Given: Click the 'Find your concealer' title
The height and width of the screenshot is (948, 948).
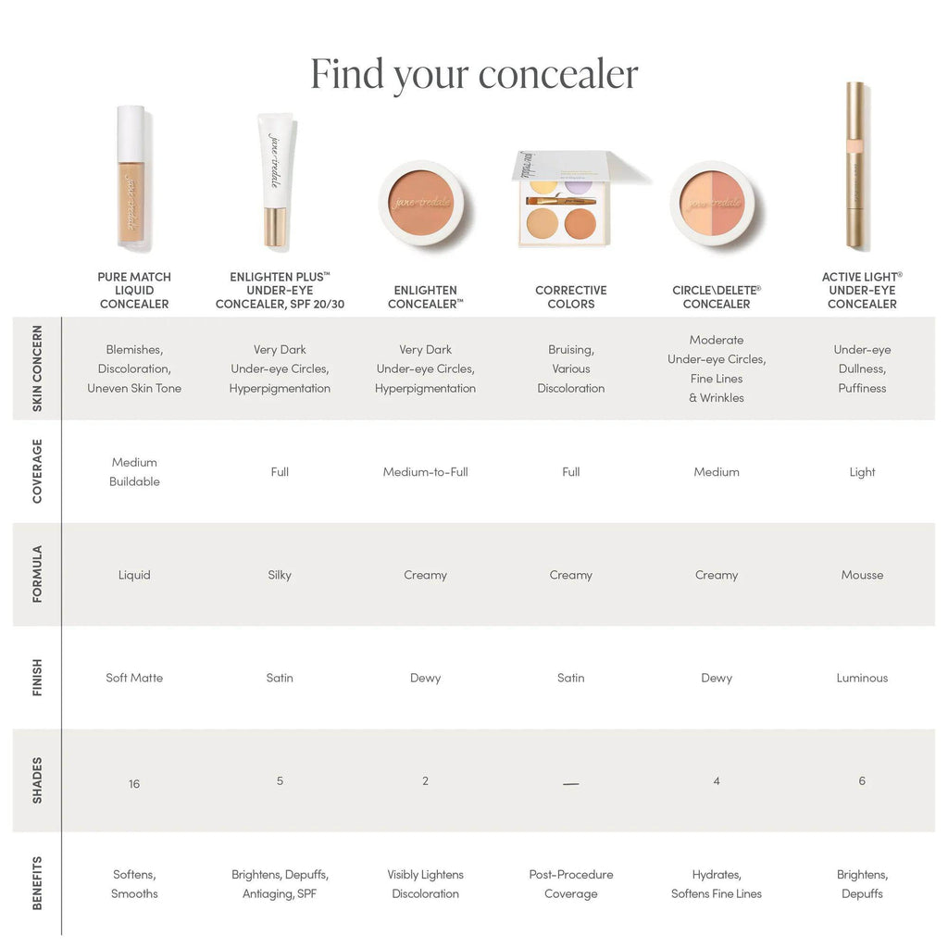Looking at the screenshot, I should tap(474, 74).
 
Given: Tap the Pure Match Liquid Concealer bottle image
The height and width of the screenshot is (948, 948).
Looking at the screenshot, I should tap(131, 179).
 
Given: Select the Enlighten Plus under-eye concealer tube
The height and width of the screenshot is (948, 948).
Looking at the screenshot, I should tap(275, 181).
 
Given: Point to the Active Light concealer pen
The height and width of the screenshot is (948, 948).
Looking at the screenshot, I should tap(857, 167).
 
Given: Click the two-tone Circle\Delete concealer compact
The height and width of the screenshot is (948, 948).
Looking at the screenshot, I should tap(712, 203).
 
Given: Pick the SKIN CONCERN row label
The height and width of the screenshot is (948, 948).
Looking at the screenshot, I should tap(37, 368).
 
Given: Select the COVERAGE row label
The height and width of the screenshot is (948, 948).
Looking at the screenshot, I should tap(37, 471).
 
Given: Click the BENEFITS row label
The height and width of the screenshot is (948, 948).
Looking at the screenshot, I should tap(37, 883).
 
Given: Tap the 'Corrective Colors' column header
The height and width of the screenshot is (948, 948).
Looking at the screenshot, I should tap(571, 297).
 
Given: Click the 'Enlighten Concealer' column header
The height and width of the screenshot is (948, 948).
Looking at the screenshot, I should tap(426, 297).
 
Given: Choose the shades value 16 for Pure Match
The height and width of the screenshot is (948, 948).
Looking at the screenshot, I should tap(134, 784).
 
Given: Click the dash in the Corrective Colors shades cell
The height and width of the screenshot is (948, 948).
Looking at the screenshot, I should tap(571, 784).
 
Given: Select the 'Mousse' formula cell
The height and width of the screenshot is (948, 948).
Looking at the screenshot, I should tap(862, 575).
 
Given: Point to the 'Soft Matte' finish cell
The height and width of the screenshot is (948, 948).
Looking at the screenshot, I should tap(134, 678).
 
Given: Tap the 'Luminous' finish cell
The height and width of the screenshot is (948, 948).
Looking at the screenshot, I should tap(862, 678).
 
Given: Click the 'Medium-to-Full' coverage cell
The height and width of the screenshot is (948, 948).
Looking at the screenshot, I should tap(426, 472).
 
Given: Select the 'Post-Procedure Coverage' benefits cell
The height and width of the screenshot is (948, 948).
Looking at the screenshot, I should tap(571, 884).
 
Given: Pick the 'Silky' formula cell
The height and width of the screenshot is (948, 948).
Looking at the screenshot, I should tap(280, 575).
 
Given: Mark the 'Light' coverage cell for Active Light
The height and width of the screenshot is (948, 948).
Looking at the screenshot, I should tap(862, 472).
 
